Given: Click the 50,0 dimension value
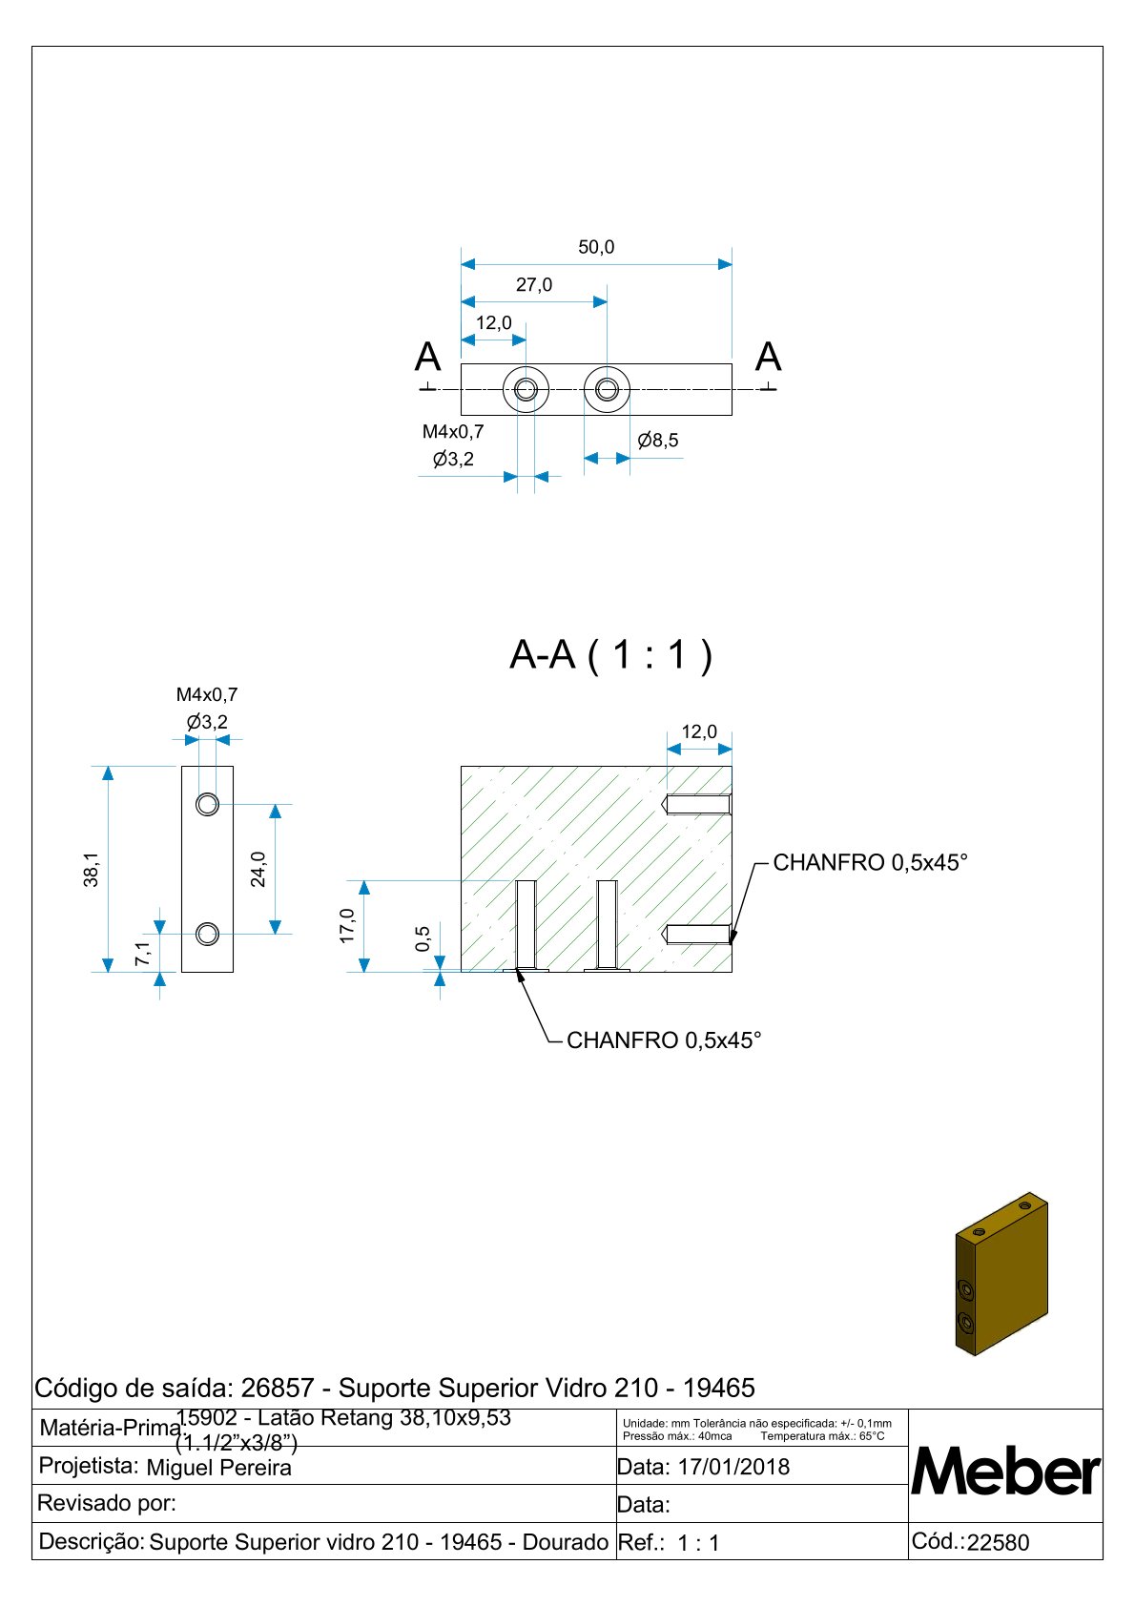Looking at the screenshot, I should tap(596, 248).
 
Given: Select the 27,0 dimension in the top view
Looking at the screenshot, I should tap(534, 285).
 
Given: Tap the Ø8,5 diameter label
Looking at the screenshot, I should tap(658, 441).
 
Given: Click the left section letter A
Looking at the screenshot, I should tap(428, 358).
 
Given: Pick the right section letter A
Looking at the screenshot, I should tap(768, 358).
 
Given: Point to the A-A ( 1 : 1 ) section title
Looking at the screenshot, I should tap(611, 655).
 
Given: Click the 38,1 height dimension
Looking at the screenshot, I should tap(92, 869).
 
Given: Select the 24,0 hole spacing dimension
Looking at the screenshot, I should tap(258, 869).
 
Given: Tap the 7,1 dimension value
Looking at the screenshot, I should tap(142, 953).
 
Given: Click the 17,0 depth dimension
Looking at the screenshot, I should tap(347, 926).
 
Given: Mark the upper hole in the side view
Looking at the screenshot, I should tap(207, 804).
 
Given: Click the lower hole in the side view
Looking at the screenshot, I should tap(207, 934).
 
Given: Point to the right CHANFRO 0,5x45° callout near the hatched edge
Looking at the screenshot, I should tap(870, 863).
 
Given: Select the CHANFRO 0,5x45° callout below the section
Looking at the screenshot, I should tap(664, 1040).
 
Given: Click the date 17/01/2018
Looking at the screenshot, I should tap(733, 1467).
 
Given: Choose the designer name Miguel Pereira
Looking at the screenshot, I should tap(218, 1468).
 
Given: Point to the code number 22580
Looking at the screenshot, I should tap(998, 1543).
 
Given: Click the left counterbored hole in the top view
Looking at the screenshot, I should tap(526, 389).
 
